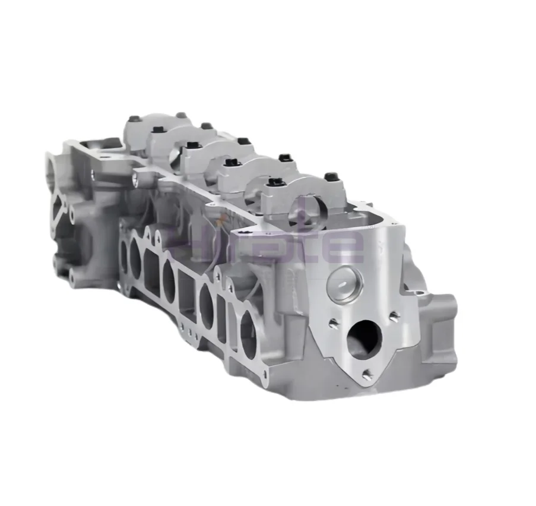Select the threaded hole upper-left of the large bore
click(x=334, y=322)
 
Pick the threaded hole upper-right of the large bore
click(x=393, y=317)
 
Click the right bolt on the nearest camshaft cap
click(x=330, y=177)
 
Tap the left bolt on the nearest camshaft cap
click(x=274, y=182)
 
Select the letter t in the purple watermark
click(x=313, y=240)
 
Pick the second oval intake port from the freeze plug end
click(x=208, y=304)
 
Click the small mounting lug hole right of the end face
click(x=420, y=293)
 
